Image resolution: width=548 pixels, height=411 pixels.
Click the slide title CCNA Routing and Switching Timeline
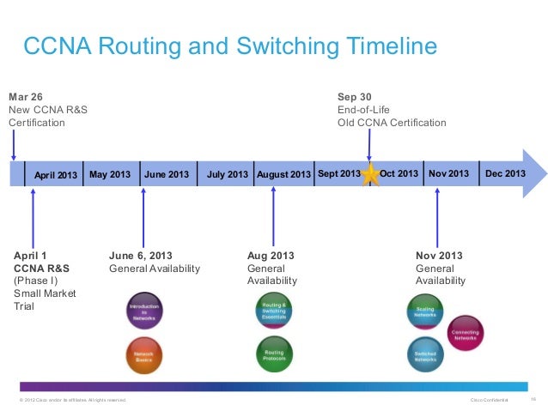[x=229, y=45]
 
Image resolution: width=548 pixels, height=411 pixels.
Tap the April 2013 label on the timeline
[x=56, y=176]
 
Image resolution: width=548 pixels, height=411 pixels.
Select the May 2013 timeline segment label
[x=110, y=174]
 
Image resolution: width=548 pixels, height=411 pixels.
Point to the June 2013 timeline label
[x=167, y=175]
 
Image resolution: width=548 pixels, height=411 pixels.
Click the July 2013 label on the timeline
[x=228, y=175]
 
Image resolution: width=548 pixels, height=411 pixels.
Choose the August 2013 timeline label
[x=283, y=175]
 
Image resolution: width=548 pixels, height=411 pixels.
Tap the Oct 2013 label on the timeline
[x=399, y=174]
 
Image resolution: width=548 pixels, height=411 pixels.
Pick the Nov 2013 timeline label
[x=449, y=174]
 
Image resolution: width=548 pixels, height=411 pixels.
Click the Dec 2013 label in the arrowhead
[x=506, y=174]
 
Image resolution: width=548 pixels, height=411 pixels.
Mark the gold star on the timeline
[x=370, y=175]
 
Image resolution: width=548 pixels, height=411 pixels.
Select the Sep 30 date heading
[x=354, y=96]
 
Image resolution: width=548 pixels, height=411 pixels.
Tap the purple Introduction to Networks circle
[x=144, y=311]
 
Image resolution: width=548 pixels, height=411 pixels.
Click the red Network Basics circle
[x=144, y=354]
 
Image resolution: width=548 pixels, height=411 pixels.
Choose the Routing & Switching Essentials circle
[x=275, y=311]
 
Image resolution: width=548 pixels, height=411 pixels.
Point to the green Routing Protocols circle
[x=275, y=354]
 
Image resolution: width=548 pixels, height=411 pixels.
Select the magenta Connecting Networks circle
[x=466, y=333]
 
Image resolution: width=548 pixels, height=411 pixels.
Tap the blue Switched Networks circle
[x=425, y=354]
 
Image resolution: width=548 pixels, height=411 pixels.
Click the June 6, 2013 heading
[x=141, y=256]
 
